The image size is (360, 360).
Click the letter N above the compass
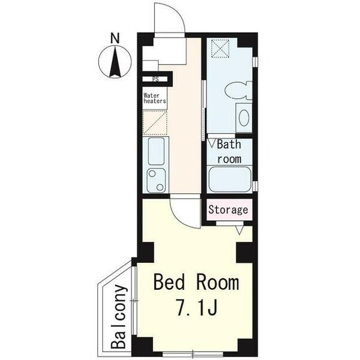[115, 38]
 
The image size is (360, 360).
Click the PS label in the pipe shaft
[155, 79]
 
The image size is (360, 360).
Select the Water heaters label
[155, 98]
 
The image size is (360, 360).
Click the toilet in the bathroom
[238, 90]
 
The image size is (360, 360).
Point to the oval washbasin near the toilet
[244, 118]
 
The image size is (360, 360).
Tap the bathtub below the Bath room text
[230, 179]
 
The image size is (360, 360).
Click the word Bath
[229, 145]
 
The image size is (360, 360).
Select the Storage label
[228, 210]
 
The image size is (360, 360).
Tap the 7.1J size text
[197, 308]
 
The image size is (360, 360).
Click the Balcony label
[119, 317]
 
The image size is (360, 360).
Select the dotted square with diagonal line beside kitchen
[155, 122]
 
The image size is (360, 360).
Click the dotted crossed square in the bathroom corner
[220, 49]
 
